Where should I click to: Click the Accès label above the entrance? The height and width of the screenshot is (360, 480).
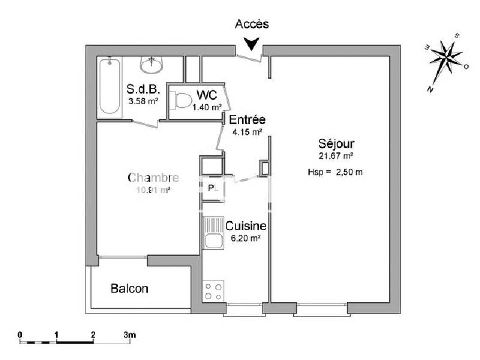coord(252,25)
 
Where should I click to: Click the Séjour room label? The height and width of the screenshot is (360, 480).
coord(336,144)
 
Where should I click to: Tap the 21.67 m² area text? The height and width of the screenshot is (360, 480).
coord(336,156)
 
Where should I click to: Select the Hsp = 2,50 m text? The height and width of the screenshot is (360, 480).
coord(335,172)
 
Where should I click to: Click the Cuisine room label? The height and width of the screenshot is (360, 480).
coord(246,226)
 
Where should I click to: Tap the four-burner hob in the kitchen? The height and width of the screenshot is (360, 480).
coord(214,292)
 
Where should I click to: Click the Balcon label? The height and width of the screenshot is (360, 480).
coord(129,289)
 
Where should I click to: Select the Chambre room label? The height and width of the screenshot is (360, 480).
coord(153,178)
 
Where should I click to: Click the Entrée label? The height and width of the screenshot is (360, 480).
coord(247,120)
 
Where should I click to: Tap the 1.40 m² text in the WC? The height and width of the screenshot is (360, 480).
coord(205,107)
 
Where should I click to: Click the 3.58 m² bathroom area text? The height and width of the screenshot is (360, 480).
coord(143,101)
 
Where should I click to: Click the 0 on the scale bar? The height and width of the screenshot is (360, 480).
coord(20,334)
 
